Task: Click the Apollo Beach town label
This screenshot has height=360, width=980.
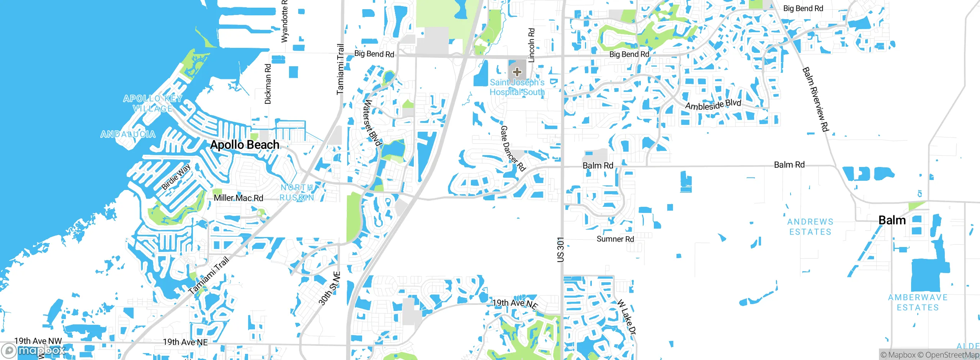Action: [x=245, y=145]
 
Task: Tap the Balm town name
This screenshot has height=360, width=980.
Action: [x=892, y=220]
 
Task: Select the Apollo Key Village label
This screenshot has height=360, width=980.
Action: [x=153, y=103]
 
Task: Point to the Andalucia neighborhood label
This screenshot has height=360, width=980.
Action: [x=128, y=134]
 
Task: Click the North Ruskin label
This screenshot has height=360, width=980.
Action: [x=297, y=192]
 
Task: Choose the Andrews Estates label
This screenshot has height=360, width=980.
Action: [x=810, y=227]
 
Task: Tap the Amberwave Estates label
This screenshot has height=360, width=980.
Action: [x=918, y=302]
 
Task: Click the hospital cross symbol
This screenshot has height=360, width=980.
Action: [x=517, y=72]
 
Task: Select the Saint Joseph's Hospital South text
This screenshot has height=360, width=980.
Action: [x=517, y=87]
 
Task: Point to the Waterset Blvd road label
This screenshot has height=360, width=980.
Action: [x=372, y=123]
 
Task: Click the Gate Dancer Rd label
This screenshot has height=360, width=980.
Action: [x=513, y=148]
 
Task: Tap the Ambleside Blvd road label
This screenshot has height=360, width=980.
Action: [x=713, y=105]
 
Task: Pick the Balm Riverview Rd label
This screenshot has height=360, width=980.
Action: [x=815, y=99]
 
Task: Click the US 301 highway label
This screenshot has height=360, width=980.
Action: [x=560, y=250]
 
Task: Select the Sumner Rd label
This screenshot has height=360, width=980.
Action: [x=615, y=239]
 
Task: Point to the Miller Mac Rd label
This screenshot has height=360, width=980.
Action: [x=238, y=198]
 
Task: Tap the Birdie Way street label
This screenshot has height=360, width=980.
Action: [x=176, y=177]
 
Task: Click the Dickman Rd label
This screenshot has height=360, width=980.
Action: [x=268, y=84]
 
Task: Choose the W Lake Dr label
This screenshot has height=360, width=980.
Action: [x=626, y=317]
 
